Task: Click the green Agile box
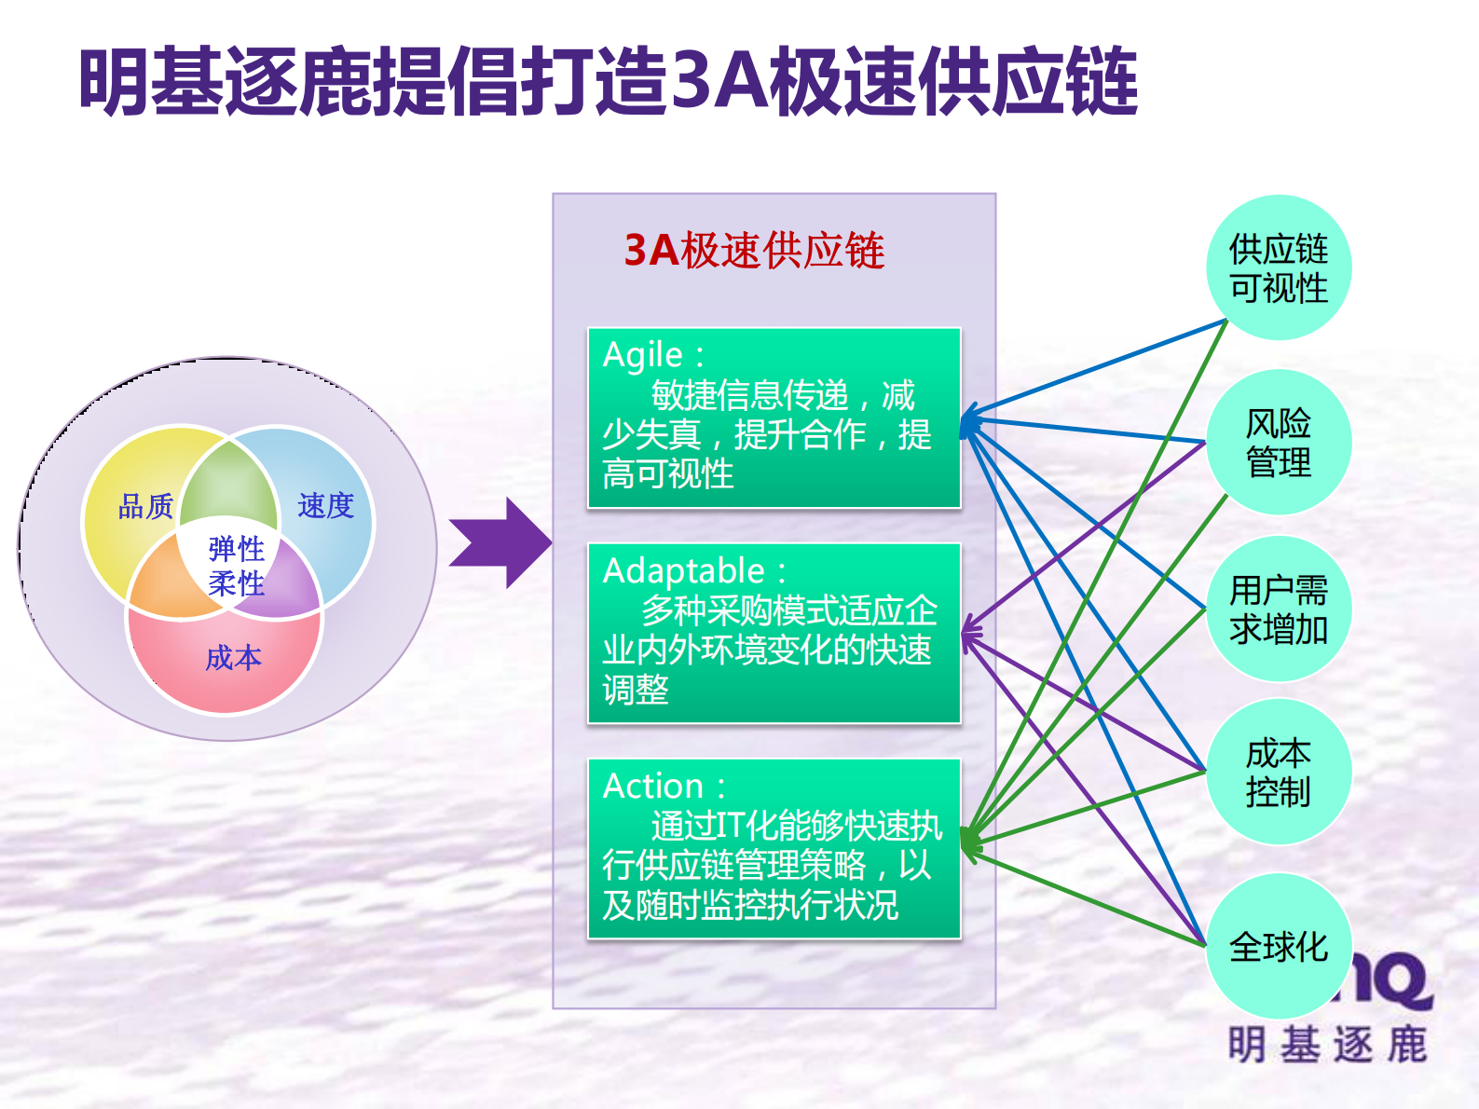point(774,418)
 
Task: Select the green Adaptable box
point(774,633)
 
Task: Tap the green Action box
point(774,849)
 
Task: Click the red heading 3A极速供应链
point(754,250)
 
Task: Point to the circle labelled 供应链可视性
point(1279,268)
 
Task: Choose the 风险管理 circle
point(1279,443)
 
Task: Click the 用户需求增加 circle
point(1279,609)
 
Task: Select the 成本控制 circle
point(1279,772)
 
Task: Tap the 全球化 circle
point(1279,947)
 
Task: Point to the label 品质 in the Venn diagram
point(146,506)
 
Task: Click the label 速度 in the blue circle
point(326,506)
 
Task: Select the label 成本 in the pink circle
point(233,658)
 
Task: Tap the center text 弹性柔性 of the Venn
point(236,566)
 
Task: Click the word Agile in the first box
point(643,355)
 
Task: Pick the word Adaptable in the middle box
point(683,570)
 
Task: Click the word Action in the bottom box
point(652,787)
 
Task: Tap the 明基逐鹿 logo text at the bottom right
point(1327,1044)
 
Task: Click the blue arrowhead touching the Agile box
point(969,421)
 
